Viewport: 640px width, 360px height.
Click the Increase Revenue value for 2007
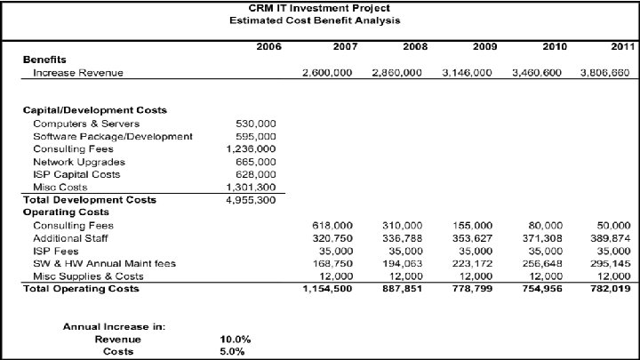326,73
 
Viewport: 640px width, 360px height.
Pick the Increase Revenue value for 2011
604,73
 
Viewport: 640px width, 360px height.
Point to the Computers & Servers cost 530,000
256,123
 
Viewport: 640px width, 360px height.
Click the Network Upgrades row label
79,162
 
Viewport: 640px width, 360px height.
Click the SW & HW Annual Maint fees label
104,264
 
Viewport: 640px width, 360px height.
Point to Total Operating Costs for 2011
608,290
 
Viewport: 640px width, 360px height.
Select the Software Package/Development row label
112,136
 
